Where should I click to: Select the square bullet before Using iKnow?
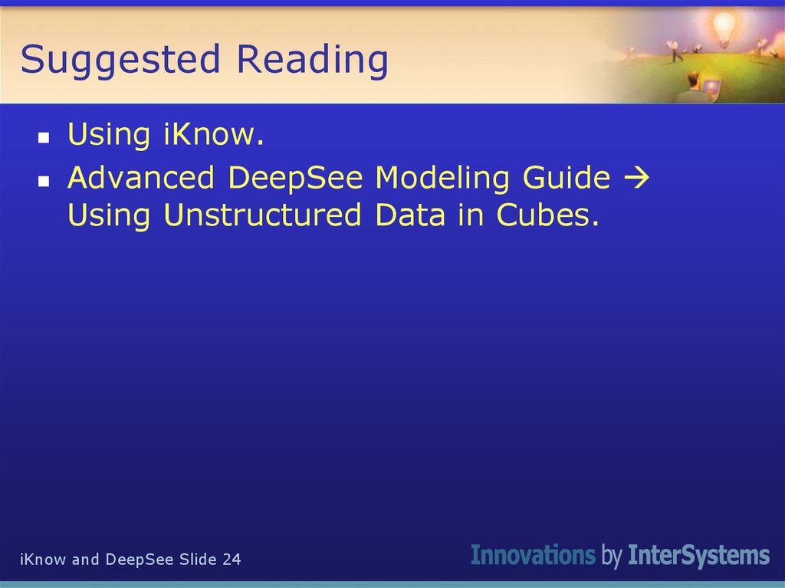44,139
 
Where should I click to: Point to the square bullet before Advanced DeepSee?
44,182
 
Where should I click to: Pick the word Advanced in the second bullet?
141,178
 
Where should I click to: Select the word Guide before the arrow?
567,178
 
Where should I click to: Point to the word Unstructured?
262,215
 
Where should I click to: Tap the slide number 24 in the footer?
232,560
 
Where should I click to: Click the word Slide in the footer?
198,560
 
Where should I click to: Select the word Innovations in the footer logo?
532,555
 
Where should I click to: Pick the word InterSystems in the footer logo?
698,555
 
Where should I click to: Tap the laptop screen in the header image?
712,86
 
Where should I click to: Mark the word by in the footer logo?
611,556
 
